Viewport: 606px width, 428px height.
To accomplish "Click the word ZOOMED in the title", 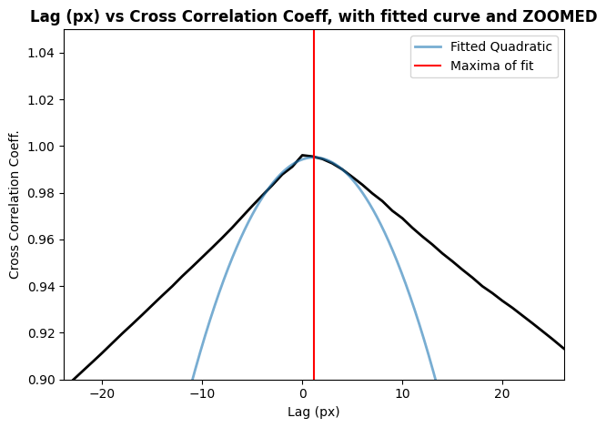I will [561, 15].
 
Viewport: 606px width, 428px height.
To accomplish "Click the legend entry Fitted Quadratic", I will [500, 47].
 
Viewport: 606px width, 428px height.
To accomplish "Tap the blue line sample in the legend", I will [430, 47].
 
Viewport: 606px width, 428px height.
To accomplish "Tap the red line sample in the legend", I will [430, 66].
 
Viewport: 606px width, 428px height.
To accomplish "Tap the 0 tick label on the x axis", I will [303, 393].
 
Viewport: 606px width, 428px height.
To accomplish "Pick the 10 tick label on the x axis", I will [402, 393].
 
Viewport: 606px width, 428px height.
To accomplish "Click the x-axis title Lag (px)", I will [314, 412].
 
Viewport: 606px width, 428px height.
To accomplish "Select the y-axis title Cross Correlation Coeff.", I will [15, 205].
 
